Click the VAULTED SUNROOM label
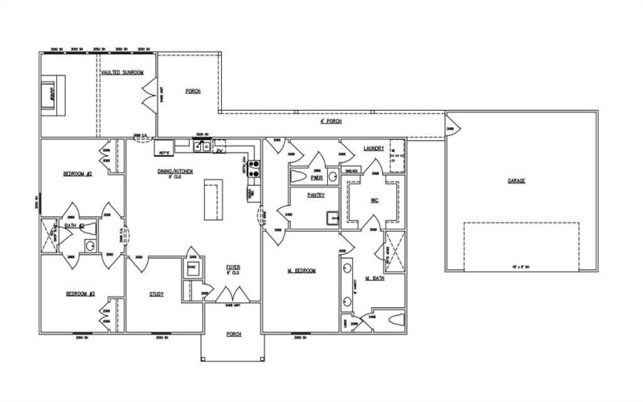122,72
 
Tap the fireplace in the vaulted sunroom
50,88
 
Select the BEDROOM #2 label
79,173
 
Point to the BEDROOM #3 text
80,294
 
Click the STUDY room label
157,294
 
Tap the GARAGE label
516,181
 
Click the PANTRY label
315,195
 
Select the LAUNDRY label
374,148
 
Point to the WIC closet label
374,200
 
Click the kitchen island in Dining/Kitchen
214,200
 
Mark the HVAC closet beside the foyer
193,269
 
